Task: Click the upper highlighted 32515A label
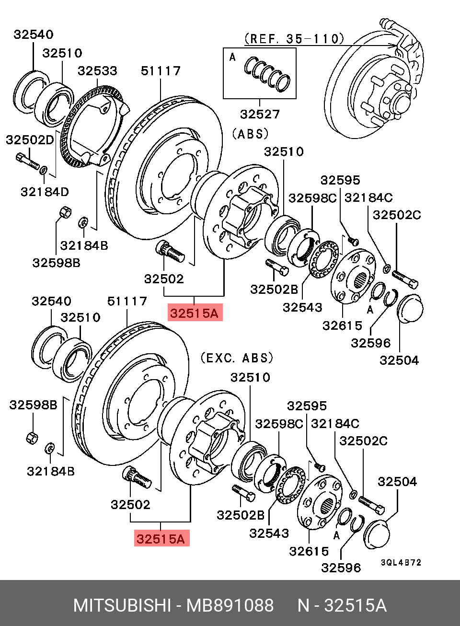click(x=195, y=313)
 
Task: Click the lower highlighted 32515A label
click(x=161, y=539)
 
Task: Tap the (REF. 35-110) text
click(x=294, y=39)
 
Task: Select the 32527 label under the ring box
click(x=260, y=114)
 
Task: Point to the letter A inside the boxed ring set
click(x=232, y=58)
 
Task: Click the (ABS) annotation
click(x=250, y=134)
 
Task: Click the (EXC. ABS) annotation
click(x=237, y=358)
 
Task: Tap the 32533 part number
click(x=97, y=71)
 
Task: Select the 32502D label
click(x=30, y=140)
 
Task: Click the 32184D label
click(x=45, y=192)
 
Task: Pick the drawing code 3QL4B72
click(x=401, y=562)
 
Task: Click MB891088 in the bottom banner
click(x=230, y=605)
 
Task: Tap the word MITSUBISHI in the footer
click(x=122, y=605)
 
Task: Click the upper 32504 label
click(x=399, y=360)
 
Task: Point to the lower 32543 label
click(x=269, y=533)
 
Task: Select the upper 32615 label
click(x=342, y=326)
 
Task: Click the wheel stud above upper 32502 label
click(x=170, y=251)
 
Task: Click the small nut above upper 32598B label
click(x=64, y=212)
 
